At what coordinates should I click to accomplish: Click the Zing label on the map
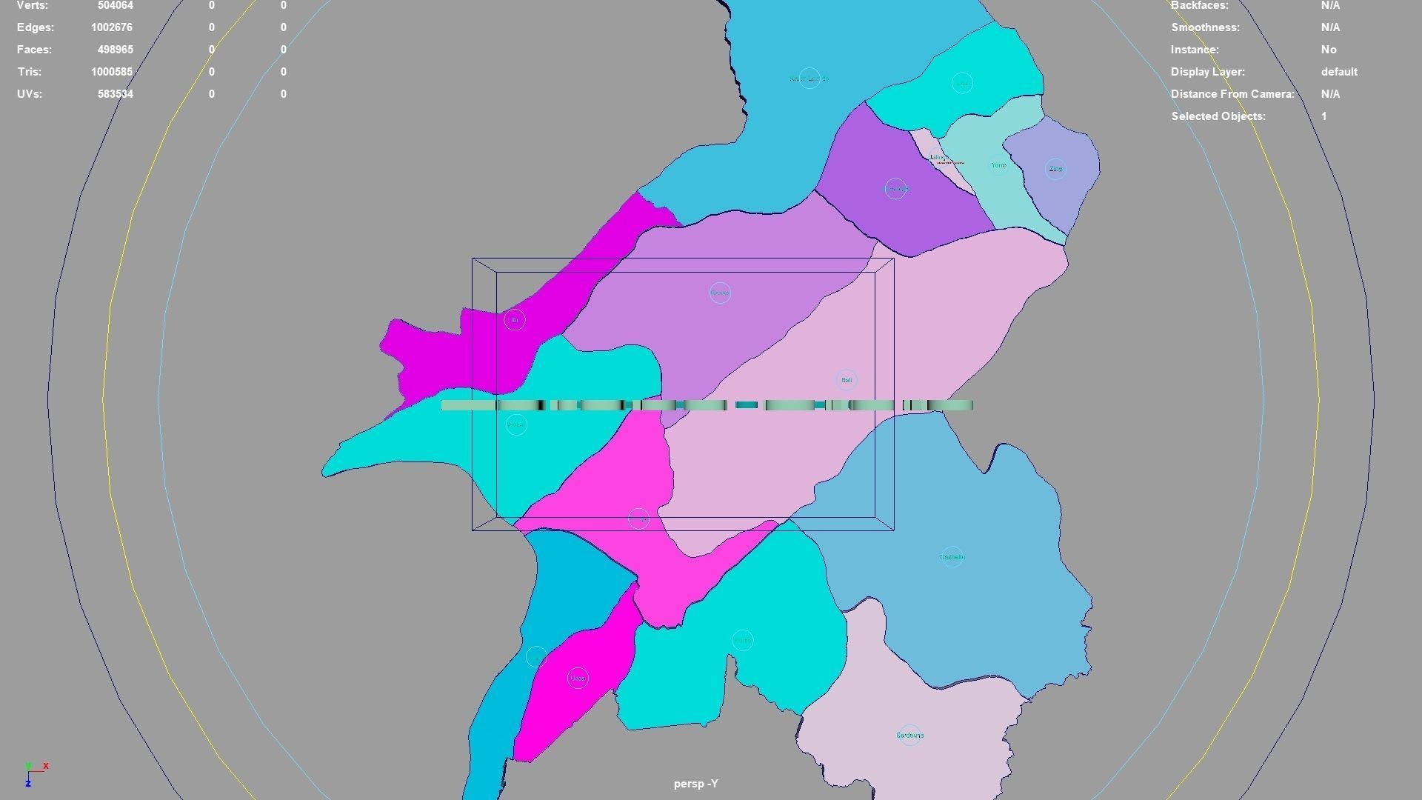click(1055, 169)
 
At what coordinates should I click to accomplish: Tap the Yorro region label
click(998, 165)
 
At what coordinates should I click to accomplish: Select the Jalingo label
click(938, 157)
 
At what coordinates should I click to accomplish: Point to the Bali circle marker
click(847, 380)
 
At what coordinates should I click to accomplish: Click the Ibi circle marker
click(515, 320)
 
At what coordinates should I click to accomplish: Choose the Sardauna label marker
click(910, 736)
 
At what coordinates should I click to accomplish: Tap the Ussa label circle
click(578, 678)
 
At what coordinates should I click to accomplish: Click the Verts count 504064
click(115, 5)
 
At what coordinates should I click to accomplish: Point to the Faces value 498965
click(115, 50)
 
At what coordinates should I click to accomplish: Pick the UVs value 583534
click(115, 94)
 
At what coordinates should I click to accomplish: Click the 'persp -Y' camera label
click(695, 784)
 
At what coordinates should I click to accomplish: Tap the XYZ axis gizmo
click(33, 773)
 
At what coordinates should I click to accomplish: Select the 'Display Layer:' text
click(1207, 72)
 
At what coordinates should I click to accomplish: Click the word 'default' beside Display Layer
click(1338, 72)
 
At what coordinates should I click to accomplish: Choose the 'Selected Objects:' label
click(1218, 116)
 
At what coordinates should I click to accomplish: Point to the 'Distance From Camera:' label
click(1232, 94)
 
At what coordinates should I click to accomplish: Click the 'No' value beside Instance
click(1328, 50)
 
